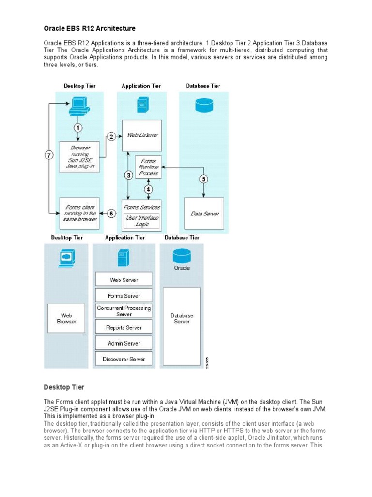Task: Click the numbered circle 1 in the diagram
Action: pyautogui.click(x=78, y=128)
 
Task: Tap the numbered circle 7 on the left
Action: pyautogui.click(x=49, y=155)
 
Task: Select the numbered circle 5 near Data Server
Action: pyautogui.click(x=204, y=179)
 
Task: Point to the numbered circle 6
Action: pyautogui.click(x=111, y=213)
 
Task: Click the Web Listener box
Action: pyautogui.click(x=142, y=135)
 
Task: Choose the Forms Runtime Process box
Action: pyautogui.click(x=149, y=167)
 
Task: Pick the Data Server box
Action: pyautogui.click(x=204, y=213)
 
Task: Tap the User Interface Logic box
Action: pyautogui.click(x=142, y=221)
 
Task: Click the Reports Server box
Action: pyautogui.click(x=124, y=327)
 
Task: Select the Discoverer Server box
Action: pyautogui.click(x=124, y=359)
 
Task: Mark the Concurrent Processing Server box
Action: pyautogui.click(x=124, y=311)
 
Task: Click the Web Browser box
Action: pyautogui.click(x=66, y=318)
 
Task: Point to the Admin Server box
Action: pyautogui.click(x=124, y=343)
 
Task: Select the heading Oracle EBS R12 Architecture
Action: pyautogui.click(x=90, y=28)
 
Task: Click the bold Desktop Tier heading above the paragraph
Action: pyautogui.click(x=64, y=387)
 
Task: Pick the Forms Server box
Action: pyautogui.click(x=124, y=295)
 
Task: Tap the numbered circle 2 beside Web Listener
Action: pyautogui.click(x=111, y=137)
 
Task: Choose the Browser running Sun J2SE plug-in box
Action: pyautogui.click(x=79, y=157)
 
